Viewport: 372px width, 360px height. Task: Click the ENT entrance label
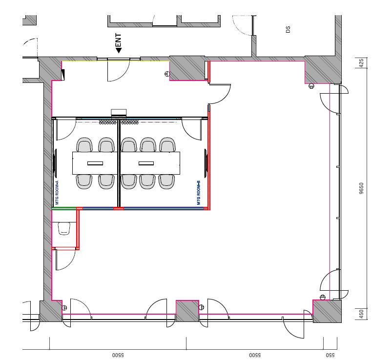(x=118, y=40)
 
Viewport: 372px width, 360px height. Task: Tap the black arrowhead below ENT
(x=119, y=50)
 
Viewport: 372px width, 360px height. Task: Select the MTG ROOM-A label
(x=57, y=193)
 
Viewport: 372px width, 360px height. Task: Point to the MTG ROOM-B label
(x=199, y=193)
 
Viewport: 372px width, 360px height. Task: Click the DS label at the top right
(x=288, y=29)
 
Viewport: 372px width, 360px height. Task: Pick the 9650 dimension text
(x=361, y=188)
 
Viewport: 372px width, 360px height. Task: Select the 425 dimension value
(x=361, y=63)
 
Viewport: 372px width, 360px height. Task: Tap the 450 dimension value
(x=361, y=314)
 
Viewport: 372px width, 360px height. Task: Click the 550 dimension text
(x=330, y=355)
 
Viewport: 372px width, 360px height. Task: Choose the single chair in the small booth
(x=64, y=228)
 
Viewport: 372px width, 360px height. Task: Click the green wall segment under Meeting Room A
(x=64, y=209)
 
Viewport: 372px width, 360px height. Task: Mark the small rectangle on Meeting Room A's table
(x=95, y=163)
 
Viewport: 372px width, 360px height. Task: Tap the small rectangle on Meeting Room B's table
(x=146, y=163)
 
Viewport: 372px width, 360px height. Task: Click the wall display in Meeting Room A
(x=56, y=163)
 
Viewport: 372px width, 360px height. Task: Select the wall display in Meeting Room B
(x=206, y=163)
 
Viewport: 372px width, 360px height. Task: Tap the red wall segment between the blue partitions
(x=118, y=209)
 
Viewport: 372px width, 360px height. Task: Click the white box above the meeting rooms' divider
(x=119, y=112)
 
